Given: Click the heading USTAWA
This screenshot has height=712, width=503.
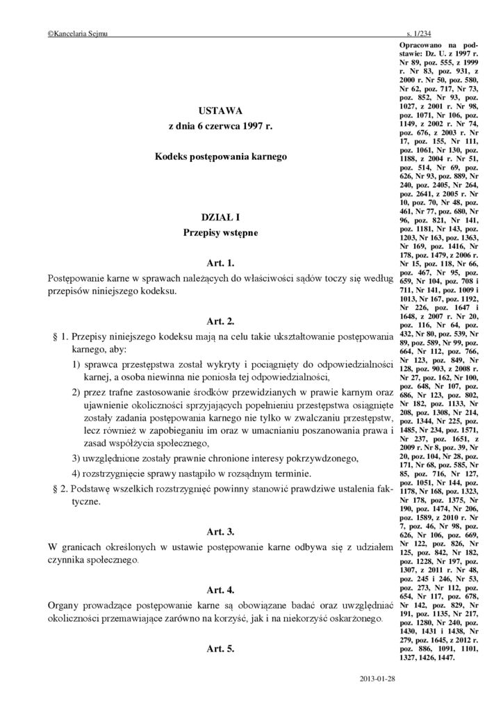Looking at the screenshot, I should [220, 111].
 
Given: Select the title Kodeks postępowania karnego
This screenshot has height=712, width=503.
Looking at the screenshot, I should [220, 158].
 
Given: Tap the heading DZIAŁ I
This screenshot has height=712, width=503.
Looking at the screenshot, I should [220, 218].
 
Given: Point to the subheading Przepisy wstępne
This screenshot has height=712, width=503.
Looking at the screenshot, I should [220, 233].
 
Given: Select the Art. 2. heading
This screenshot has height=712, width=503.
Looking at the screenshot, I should [220, 321].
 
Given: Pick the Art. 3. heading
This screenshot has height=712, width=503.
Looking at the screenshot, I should [220, 532].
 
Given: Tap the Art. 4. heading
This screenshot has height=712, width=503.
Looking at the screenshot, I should [220, 590].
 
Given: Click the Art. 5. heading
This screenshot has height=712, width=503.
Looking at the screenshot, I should [220, 648].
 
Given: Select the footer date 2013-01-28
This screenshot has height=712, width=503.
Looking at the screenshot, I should [377, 677].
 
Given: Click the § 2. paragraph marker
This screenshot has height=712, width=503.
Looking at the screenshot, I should [61, 488].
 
